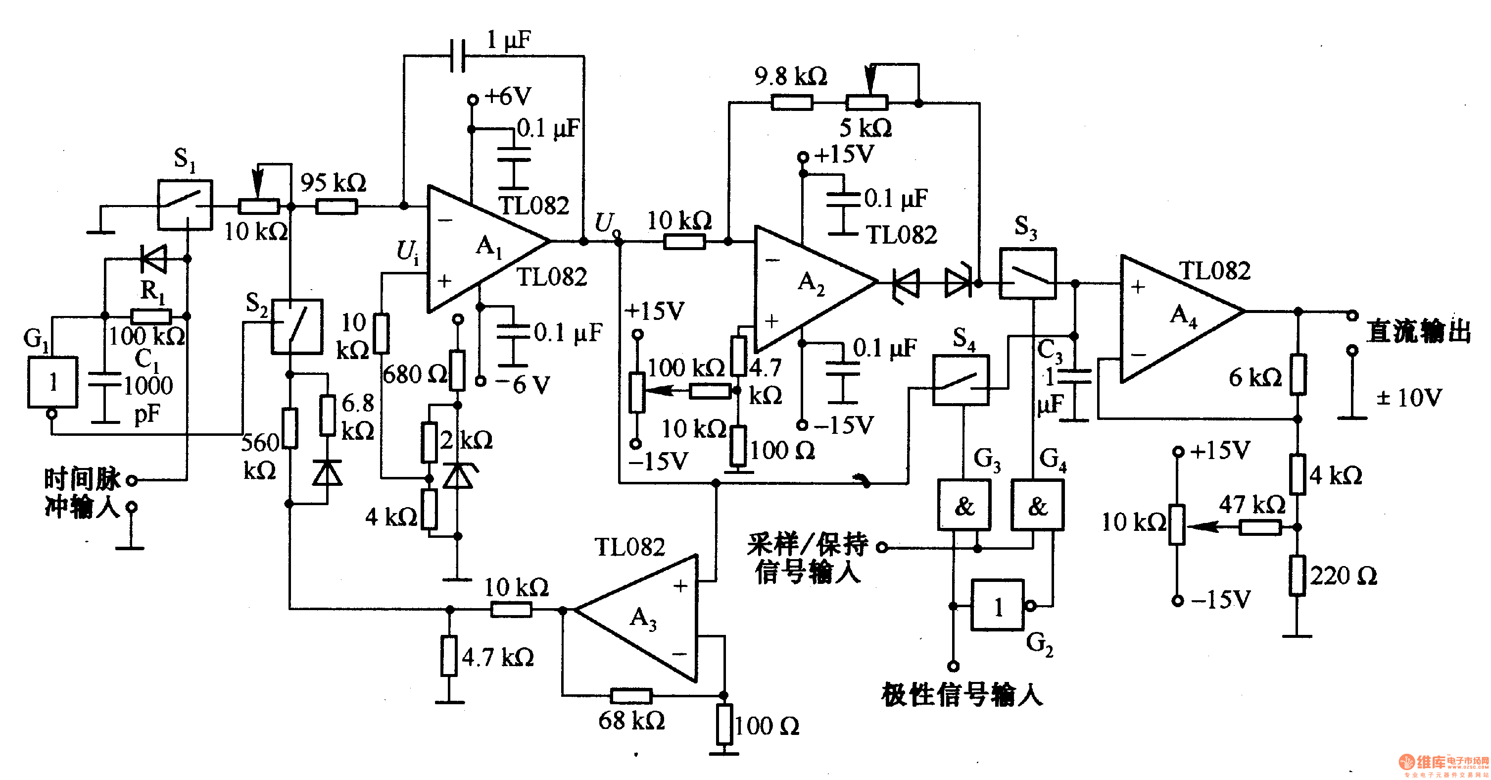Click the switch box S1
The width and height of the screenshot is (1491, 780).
point(185,205)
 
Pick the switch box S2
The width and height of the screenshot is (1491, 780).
point(297,326)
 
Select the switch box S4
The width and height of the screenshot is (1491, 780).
point(961,380)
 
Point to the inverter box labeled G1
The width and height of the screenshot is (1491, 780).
point(52,382)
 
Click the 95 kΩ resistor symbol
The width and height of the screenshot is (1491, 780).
point(337,206)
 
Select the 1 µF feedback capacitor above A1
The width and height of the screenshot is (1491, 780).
point(458,55)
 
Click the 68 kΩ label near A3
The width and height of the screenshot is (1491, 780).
point(631,721)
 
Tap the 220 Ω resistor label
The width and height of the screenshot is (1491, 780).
point(1344,576)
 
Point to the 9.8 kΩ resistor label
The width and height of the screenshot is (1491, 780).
point(791,76)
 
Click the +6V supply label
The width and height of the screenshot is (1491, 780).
point(508,96)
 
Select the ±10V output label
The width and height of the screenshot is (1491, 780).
point(1409,398)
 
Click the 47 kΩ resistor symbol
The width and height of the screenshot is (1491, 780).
point(1259,527)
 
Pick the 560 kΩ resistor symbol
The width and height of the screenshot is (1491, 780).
point(289,428)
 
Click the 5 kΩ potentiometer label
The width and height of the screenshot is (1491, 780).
point(866,128)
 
